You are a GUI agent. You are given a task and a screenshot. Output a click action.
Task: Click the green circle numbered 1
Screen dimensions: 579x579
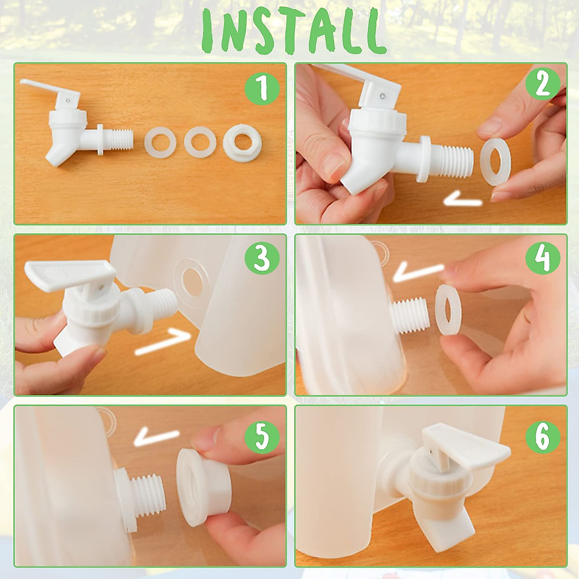pyautogui.click(x=262, y=89)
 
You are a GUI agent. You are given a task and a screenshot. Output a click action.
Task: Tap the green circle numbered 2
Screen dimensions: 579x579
pyautogui.click(x=543, y=85)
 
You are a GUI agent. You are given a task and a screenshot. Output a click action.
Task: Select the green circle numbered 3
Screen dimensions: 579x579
pyautogui.click(x=262, y=258)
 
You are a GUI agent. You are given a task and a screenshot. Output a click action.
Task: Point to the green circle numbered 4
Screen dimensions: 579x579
pyautogui.click(x=543, y=258)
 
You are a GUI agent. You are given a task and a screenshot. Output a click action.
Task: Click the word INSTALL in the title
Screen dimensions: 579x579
pyautogui.click(x=293, y=31)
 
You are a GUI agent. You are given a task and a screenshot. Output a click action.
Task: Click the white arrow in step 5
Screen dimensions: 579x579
pyautogui.click(x=156, y=437)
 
